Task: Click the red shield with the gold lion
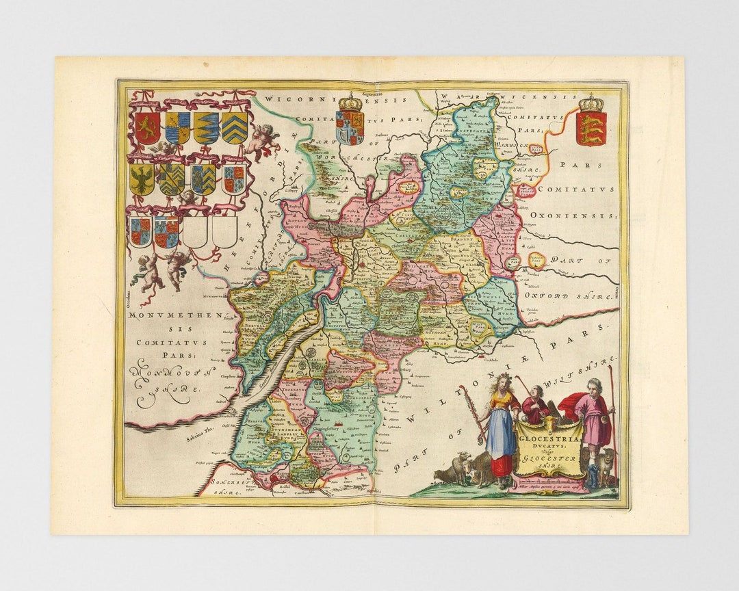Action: pos(146,128)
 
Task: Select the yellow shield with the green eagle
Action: pos(142,179)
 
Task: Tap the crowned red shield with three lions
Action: pos(591,128)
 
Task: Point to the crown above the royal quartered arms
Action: pos(350,103)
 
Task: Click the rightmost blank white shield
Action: pos(224,231)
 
